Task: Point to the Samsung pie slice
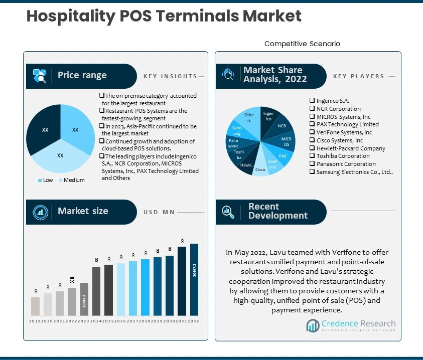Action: [x=237, y=131]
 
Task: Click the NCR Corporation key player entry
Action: [x=338, y=108]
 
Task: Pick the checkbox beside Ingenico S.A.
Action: [x=312, y=101]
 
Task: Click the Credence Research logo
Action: [x=351, y=325]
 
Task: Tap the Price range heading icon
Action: [x=40, y=76]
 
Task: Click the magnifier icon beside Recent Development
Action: [x=228, y=211]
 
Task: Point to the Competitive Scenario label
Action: [x=302, y=44]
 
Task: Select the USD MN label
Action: [x=159, y=212]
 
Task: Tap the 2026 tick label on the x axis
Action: [x=120, y=321]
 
